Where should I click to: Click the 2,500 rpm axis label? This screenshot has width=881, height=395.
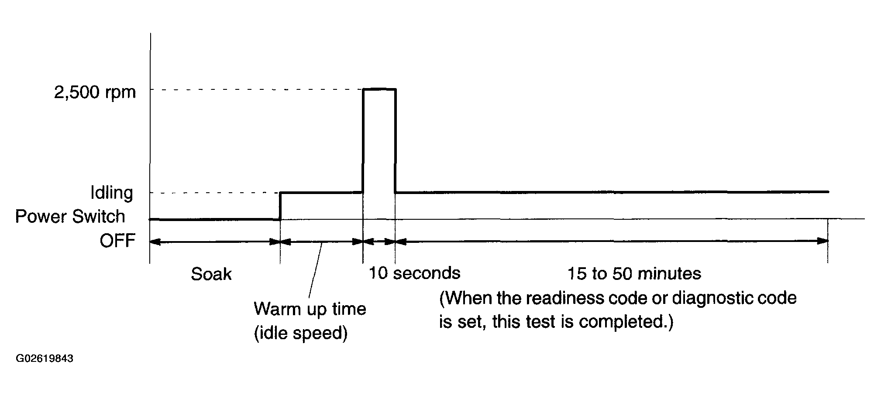(95, 93)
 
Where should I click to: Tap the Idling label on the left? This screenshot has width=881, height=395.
(111, 193)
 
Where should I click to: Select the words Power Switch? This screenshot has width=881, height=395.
(70, 217)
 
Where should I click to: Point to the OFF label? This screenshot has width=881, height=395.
(117, 241)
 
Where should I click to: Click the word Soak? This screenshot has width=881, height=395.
(211, 274)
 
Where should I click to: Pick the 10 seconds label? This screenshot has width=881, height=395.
(414, 273)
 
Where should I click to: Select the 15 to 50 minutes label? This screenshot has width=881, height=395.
(634, 274)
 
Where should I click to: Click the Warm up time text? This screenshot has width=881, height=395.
(310, 309)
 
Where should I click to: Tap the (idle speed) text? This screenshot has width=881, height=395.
(300, 333)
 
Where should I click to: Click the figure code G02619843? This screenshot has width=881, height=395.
(45, 359)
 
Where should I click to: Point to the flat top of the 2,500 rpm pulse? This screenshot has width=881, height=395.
(379, 89)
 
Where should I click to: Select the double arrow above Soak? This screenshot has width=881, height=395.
(214, 242)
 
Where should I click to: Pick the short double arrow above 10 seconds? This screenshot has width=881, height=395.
(379, 242)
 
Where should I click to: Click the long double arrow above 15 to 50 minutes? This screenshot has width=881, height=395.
(611, 241)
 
